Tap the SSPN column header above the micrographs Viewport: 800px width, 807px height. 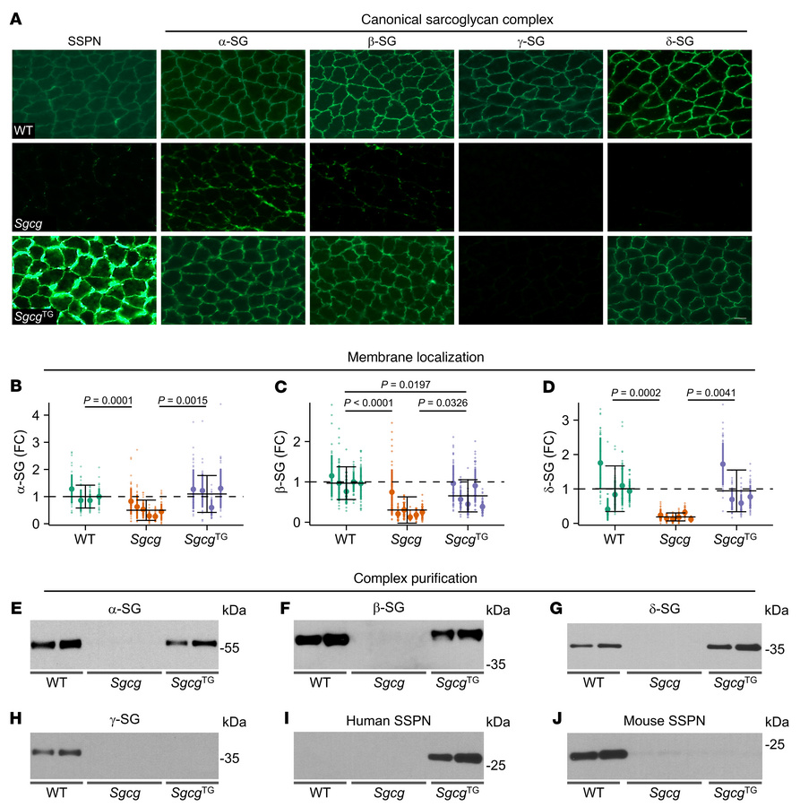coord(84,39)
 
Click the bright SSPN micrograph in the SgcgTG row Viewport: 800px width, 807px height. coord(84,279)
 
